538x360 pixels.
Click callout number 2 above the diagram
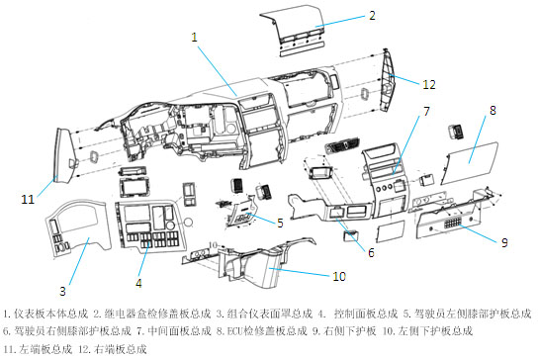point(372,16)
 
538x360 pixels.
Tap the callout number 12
point(429,84)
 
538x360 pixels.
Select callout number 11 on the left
point(28,199)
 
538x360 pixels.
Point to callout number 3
point(62,291)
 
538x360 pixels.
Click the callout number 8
point(493,110)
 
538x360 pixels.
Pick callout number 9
point(504,242)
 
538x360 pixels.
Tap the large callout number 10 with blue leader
point(339,276)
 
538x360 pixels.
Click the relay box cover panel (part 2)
point(294,31)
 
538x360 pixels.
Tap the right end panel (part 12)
point(387,80)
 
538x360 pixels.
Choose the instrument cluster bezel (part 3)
point(77,226)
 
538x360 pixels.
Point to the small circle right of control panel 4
point(188,223)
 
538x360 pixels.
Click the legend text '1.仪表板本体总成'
point(45,314)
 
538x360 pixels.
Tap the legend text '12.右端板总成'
point(113,349)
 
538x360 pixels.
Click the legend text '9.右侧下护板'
point(344,331)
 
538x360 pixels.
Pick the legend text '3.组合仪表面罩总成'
point(264,314)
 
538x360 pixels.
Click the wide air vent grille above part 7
point(342,144)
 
